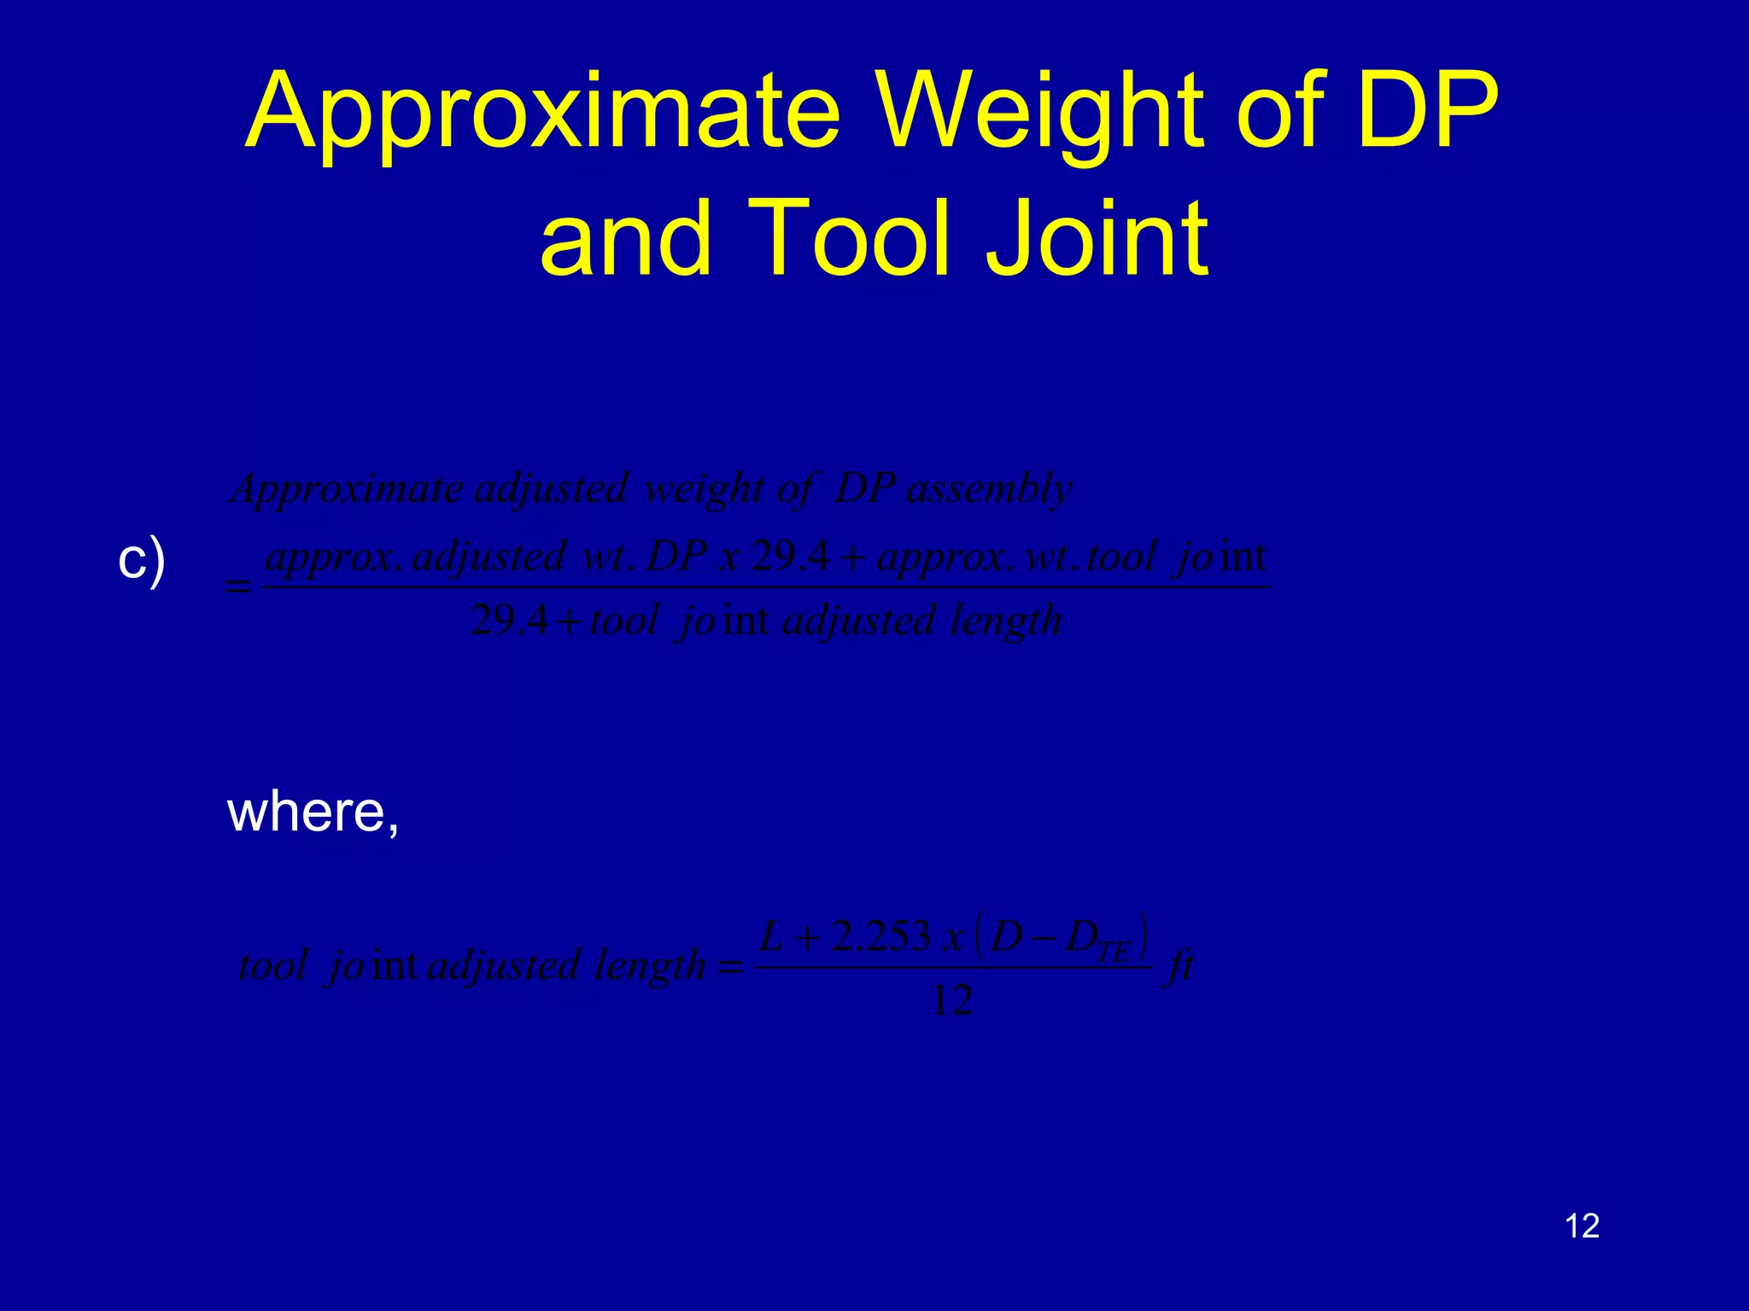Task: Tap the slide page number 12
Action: (x=1582, y=1227)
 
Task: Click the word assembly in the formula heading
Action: (x=989, y=489)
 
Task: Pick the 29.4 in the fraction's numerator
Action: (x=790, y=557)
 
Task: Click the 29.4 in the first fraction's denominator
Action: (x=509, y=621)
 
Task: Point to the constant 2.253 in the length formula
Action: (x=880, y=937)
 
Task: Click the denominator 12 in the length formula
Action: (x=952, y=1000)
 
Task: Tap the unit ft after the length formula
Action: (x=1180, y=966)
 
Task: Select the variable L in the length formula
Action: (x=771, y=937)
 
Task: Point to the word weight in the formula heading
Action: (x=704, y=489)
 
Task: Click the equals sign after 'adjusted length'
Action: (x=731, y=968)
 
